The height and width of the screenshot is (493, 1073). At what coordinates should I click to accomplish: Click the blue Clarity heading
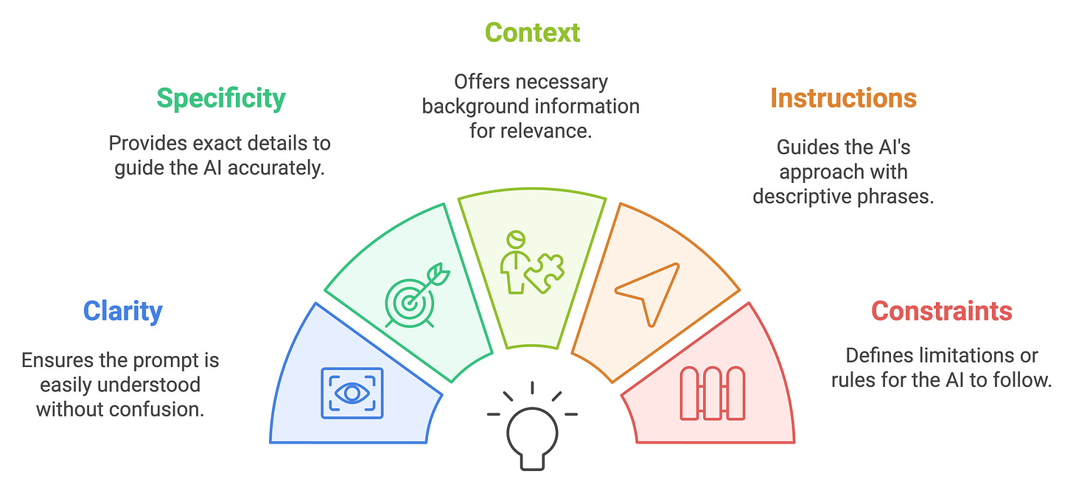pos(122,311)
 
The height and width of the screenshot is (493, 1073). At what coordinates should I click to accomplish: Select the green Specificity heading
pos(221,99)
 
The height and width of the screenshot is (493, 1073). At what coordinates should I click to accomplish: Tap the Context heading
pos(532,32)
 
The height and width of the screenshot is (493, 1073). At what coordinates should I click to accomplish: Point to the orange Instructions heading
pos(843,98)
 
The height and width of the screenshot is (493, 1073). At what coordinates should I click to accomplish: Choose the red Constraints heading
pos(941,311)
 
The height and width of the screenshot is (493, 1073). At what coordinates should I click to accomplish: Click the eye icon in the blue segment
pos(352,394)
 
